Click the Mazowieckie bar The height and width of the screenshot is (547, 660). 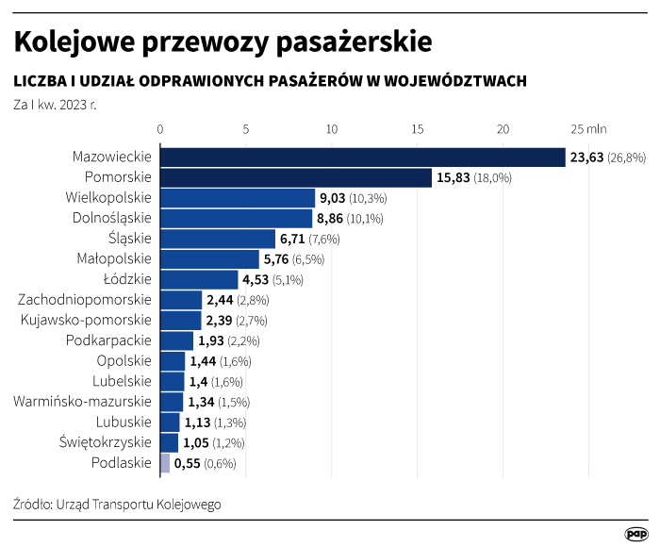pyautogui.click(x=362, y=157)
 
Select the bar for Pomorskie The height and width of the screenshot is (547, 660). pyautogui.click(x=295, y=177)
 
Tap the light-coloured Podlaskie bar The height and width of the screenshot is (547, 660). pyautogui.click(x=165, y=463)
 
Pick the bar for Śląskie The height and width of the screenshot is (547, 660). pyautogui.click(x=218, y=239)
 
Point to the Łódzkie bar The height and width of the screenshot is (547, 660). pyautogui.click(x=199, y=279)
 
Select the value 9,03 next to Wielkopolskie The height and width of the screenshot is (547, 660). pyautogui.click(x=333, y=198)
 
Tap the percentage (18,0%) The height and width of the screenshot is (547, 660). pyautogui.click(x=492, y=178)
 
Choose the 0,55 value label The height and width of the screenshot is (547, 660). pyautogui.click(x=189, y=464)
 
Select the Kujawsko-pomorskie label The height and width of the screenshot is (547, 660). pyautogui.click(x=86, y=320)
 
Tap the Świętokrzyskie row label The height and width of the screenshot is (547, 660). pyautogui.click(x=105, y=442)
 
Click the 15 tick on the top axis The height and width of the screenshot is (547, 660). pyautogui.click(x=418, y=129)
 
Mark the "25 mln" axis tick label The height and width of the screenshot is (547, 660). pyautogui.click(x=589, y=129)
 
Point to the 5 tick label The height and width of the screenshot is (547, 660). pyautogui.click(x=246, y=129)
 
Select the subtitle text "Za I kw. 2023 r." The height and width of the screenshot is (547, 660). pyautogui.click(x=55, y=104)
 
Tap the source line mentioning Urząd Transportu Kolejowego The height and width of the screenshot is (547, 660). pyautogui.click(x=117, y=505)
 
